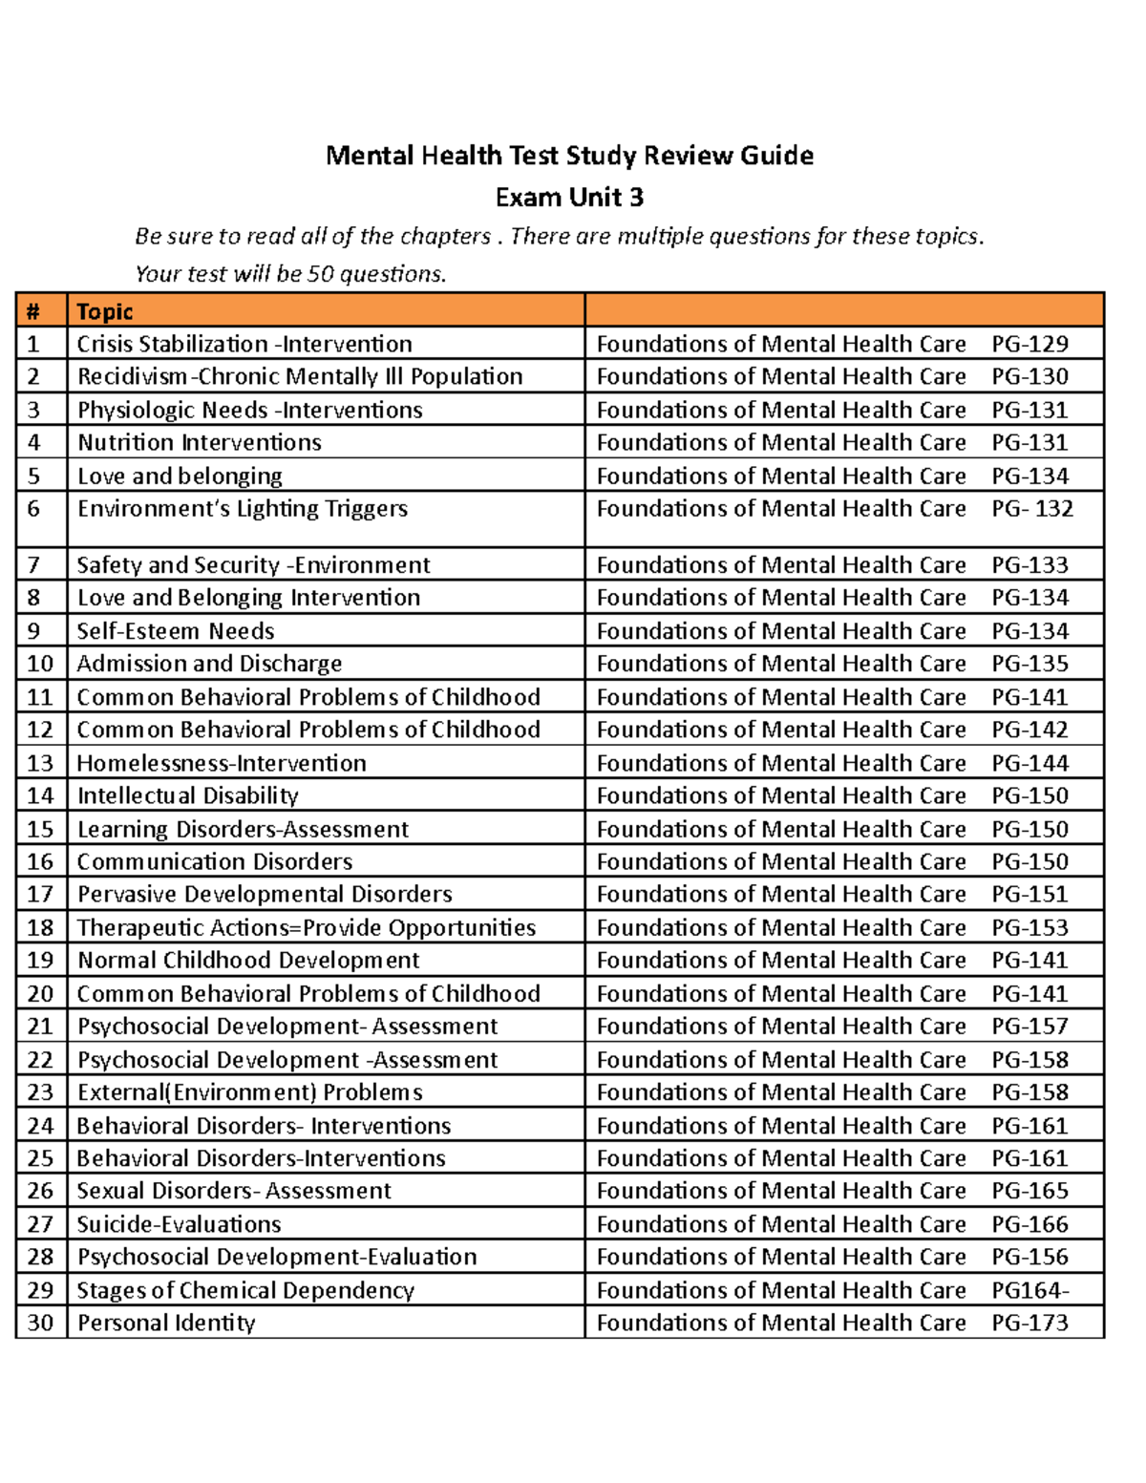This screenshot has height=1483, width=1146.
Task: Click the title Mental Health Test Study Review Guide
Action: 569,156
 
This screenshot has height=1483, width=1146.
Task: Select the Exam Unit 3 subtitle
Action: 569,198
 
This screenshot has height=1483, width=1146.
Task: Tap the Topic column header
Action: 105,311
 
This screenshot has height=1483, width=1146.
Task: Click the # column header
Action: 33,311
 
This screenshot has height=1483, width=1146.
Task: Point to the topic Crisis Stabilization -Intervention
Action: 244,344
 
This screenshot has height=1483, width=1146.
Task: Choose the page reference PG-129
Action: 1029,344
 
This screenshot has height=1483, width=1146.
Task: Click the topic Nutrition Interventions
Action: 200,442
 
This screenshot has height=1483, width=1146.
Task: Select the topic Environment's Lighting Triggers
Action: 243,508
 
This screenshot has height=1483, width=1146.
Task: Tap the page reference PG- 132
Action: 1032,508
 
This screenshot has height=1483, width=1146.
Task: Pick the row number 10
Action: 40,664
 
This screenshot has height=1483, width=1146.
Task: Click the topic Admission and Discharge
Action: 209,664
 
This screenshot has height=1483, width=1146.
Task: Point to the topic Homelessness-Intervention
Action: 222,763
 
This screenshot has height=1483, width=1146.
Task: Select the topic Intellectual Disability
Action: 188,795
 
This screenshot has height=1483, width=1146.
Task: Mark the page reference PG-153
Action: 1029,927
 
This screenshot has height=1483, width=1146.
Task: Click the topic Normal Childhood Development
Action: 248,960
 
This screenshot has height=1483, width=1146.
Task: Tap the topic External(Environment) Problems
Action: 250,1091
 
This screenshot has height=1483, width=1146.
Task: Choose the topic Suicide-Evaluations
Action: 180,1224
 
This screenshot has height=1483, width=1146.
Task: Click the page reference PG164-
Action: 1029,1290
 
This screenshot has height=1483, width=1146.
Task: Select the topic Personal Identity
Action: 166,1323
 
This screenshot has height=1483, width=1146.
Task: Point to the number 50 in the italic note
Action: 321,274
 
